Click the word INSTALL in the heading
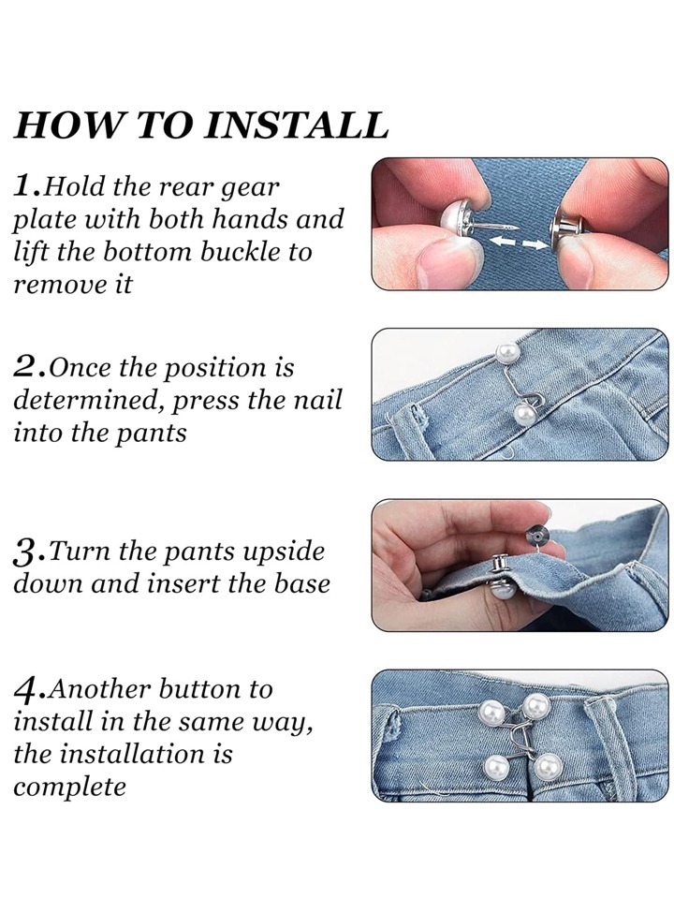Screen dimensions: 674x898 coord(297,125)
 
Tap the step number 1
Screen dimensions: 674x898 coord(27,185)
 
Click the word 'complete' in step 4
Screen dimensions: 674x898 coord(69,787)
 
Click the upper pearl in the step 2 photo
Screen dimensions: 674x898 coord(505,352)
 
